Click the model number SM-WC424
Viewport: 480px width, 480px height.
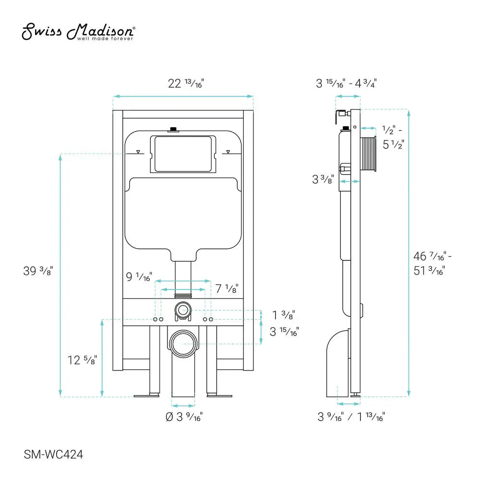coord(50,466)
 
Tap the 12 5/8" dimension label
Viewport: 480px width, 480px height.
coord(82,359)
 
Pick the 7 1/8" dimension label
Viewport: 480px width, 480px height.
coord(227,288)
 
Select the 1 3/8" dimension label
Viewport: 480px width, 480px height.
coord(283,315)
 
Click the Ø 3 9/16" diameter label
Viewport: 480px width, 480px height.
coord(184,417)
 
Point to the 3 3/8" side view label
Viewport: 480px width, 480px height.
coord(323,179)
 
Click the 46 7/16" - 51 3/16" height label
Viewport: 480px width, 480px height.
coord(432,263)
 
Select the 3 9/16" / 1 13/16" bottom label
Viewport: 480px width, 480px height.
coord(351,417)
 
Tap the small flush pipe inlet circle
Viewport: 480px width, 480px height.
coord(182,310)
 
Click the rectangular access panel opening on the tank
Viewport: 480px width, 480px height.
coord(183,154)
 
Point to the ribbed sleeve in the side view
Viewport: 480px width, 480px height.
coord(371,154)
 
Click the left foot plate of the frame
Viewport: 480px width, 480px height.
coord(146,396)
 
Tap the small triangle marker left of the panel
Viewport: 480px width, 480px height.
coord(138,152)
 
